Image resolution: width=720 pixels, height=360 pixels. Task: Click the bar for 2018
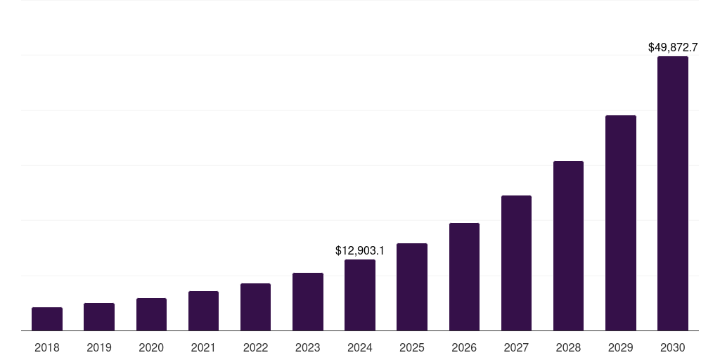[x=47, y=319]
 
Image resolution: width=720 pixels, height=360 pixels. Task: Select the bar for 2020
[x=151, y=314]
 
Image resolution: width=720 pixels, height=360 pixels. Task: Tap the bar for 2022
[x=255, y=307]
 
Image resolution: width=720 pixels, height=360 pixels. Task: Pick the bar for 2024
[x=360, y=295]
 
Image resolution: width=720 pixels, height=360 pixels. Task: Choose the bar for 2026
[x=464, y=276]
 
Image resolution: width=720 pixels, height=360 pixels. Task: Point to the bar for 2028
[x=568, y=245]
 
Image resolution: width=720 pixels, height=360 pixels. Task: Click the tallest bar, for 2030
[x=673, y=193]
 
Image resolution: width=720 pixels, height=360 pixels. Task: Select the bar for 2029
[x=621, y=223]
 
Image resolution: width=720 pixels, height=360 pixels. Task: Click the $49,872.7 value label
[x=673, y=48]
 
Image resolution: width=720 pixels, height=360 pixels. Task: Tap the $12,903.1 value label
[x=360, y=250]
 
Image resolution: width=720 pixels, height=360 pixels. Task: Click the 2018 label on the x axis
[x=47, y=347]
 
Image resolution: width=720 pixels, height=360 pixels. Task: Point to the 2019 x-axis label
[x=99, y=347]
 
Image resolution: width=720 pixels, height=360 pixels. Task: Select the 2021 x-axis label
[x=203, y=347]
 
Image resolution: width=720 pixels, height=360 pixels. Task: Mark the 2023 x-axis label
[x=308, y=347]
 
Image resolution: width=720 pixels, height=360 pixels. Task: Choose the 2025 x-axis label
[x=412, y=347]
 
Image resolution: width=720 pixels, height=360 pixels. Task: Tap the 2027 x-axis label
[x=516, y=347]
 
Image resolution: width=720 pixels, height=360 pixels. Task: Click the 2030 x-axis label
[x=673, y=347]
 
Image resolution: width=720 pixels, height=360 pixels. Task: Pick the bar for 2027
[x=516, y=263]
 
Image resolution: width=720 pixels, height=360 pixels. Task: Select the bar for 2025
[x=412, y=287]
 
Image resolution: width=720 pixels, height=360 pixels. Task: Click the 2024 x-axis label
[x=360, y=347]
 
